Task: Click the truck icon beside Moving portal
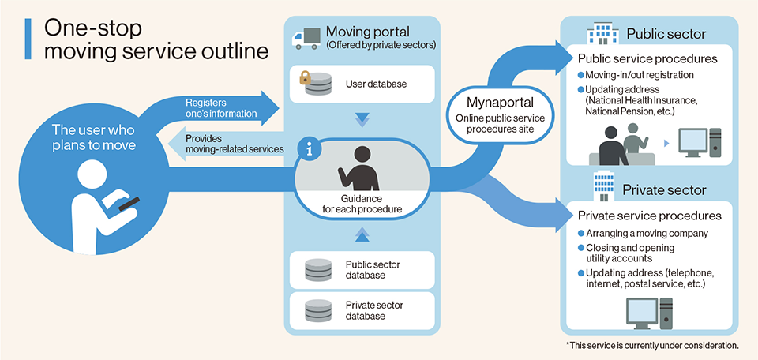306,37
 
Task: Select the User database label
375,83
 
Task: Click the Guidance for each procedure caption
362,204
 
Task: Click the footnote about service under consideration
651,346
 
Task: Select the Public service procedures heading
647,58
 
